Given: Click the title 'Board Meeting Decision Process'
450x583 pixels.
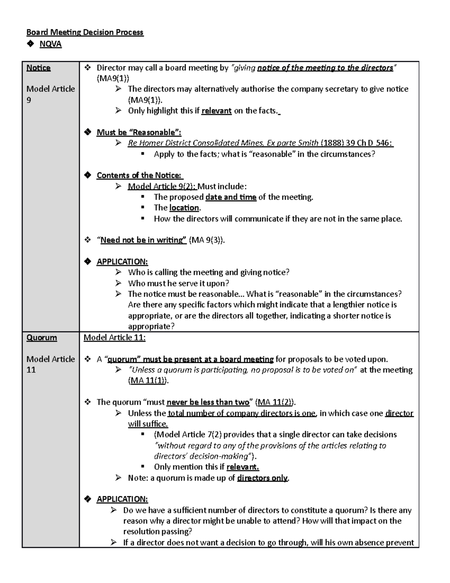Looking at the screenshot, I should click(x=84, y=32).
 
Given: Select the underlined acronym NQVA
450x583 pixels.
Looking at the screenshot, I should click(x=51, y=44).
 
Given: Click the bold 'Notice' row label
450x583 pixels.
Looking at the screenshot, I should click(x=38, y=68).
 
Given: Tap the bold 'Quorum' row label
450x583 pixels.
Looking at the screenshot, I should click(x=42, y=337).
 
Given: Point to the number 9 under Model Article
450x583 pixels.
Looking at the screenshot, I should click(x=29, y=100).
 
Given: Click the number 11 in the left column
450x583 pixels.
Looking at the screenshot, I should click(x=31, y=370).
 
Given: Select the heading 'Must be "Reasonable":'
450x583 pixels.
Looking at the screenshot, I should click(x=139, y=132).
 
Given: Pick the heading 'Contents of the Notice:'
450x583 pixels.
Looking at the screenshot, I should click(x=139, y=175).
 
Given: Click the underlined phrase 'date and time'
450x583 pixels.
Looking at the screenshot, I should click(x=231, y=197).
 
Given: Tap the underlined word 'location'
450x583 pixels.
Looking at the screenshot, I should click(x=184, y=208).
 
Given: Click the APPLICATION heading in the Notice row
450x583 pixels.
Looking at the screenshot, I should click(x=122, y=262).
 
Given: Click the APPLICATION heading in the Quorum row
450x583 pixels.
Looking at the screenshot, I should click(x=122, y=499).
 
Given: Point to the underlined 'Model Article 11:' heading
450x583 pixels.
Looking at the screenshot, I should click(x=114, y=337).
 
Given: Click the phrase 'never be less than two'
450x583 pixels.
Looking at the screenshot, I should click(x=208, y=402).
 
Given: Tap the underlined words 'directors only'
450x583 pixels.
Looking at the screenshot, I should click(x=262, y=478).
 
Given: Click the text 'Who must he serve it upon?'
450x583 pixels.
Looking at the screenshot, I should click(x=178, y=283).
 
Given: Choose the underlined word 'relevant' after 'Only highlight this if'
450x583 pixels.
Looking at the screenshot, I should click(x=216, y=111).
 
